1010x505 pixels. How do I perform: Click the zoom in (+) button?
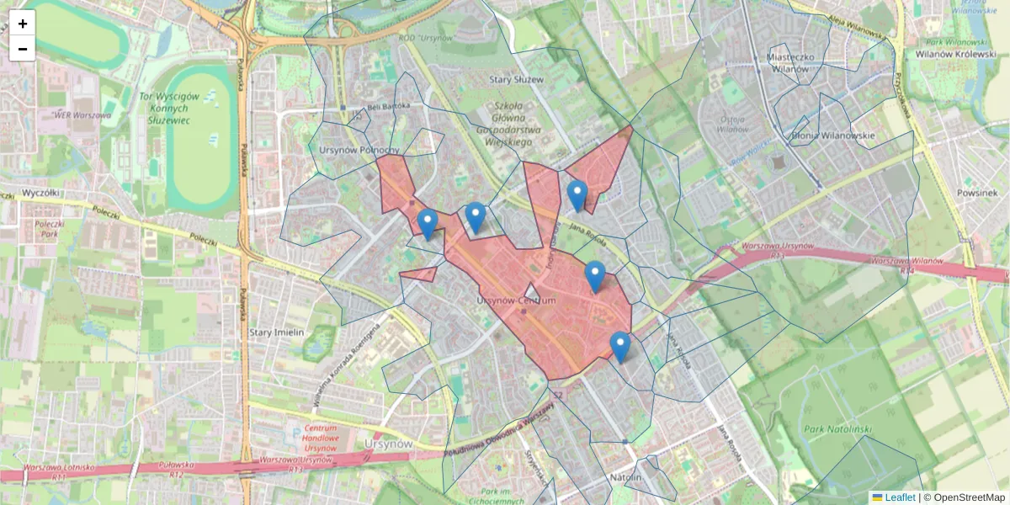pyautogui.click(x=23, y=24)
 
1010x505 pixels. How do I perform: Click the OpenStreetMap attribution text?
pyautogui.click(x=969, y=497)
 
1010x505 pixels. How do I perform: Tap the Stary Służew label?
pyautogui.click(x=516, y=79)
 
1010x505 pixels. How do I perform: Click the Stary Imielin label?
pyautogui.click(x=276, y=332)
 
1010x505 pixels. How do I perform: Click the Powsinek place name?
pyautogui.click(x=977, y=192)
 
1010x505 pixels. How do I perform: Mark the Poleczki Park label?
pyautogui.click(x=53, y=231)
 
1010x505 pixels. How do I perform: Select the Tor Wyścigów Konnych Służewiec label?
pyautogui.click(x=169, y=109)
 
